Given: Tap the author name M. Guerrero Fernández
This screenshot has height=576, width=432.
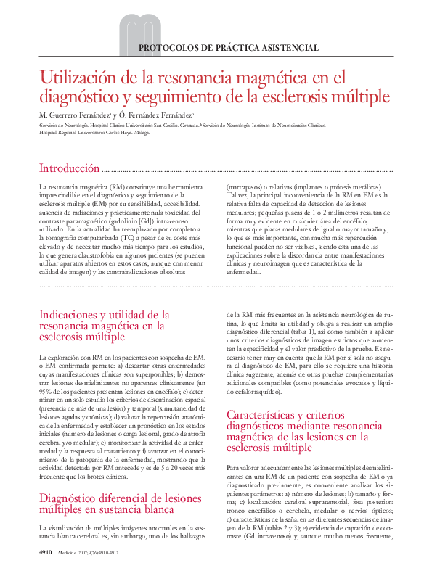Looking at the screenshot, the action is (72, 115).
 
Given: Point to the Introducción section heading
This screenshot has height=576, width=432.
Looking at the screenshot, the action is (69, 168).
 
